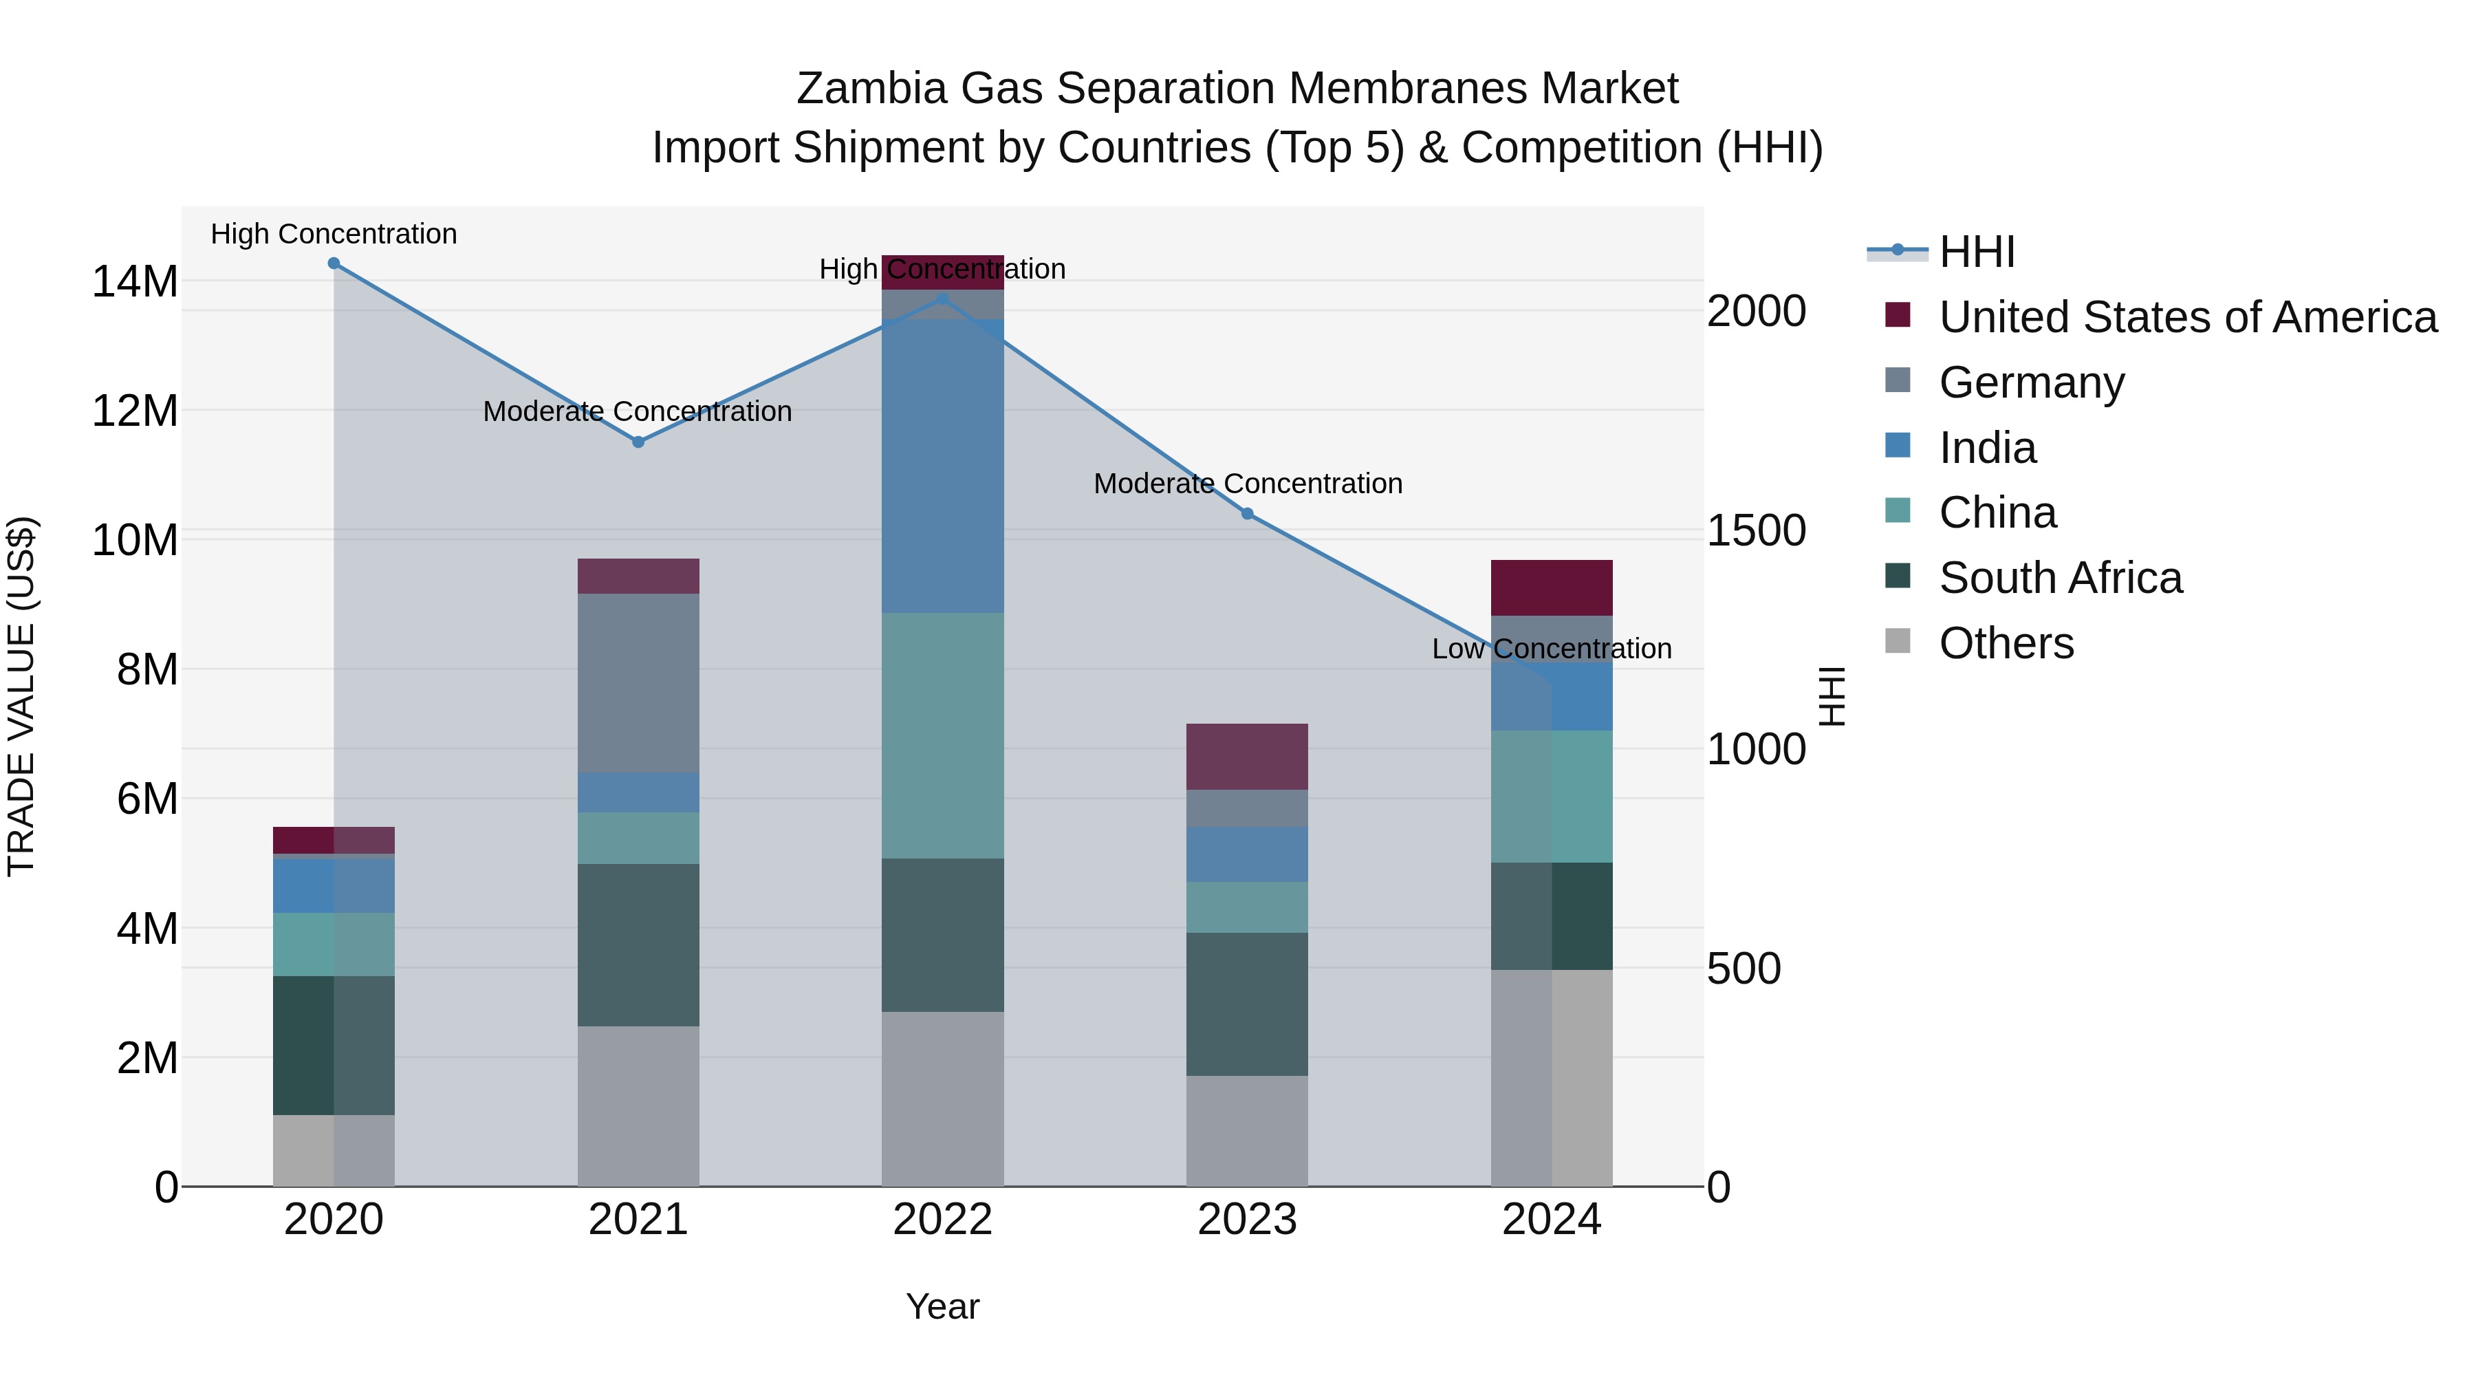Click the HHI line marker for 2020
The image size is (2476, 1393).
(334, 263)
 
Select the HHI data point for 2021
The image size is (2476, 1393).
(638, 442)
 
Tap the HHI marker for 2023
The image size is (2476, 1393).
(1247, 513)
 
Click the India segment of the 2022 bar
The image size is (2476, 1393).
(942, 466)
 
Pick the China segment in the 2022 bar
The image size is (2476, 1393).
(942, 735)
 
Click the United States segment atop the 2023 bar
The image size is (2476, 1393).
(1247, 757)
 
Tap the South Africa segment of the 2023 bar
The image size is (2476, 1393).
(1247, 1004)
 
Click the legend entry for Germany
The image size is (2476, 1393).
(2031, 382)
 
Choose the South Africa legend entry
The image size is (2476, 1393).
(2060, 578)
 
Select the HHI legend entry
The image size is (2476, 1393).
(1976, 252)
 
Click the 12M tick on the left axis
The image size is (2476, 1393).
(135, 411)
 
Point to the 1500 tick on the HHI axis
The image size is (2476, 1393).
(1756, 530)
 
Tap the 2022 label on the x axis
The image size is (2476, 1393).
(942, 1220)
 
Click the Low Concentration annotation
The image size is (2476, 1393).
(1552, 649)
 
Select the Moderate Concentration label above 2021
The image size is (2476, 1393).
(638, 411)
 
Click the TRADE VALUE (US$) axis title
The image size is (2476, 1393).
(22, 696)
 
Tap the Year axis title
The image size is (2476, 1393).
(942, 1306)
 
